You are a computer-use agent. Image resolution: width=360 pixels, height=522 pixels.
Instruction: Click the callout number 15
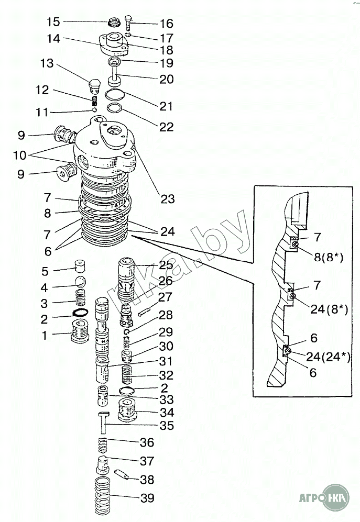54,22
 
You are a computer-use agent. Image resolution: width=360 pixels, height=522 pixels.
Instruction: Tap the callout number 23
168,199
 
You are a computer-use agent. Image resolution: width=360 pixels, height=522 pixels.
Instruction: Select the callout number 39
147,498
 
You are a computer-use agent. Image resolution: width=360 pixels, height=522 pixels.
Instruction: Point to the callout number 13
47,63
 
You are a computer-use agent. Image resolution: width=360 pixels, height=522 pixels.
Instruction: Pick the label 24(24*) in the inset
329,357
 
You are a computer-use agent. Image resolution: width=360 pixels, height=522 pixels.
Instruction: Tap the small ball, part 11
94,110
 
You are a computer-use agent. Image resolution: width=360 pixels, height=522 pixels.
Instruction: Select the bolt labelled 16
129,23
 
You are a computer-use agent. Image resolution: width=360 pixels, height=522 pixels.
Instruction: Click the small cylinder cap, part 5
80,267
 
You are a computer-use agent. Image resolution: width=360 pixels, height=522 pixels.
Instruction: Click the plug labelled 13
95,85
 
